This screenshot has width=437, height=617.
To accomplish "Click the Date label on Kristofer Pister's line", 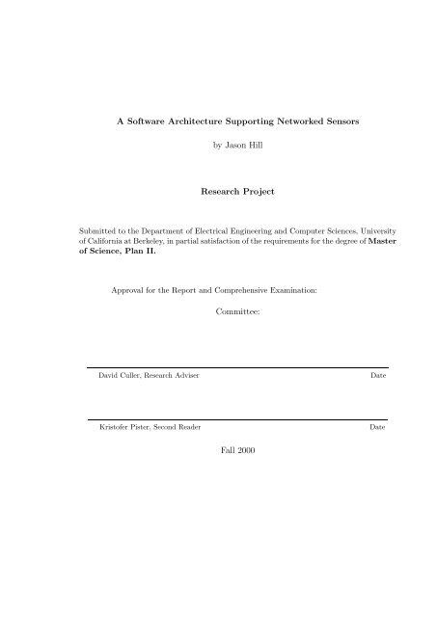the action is pyautogui.click(x=378, y=425).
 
